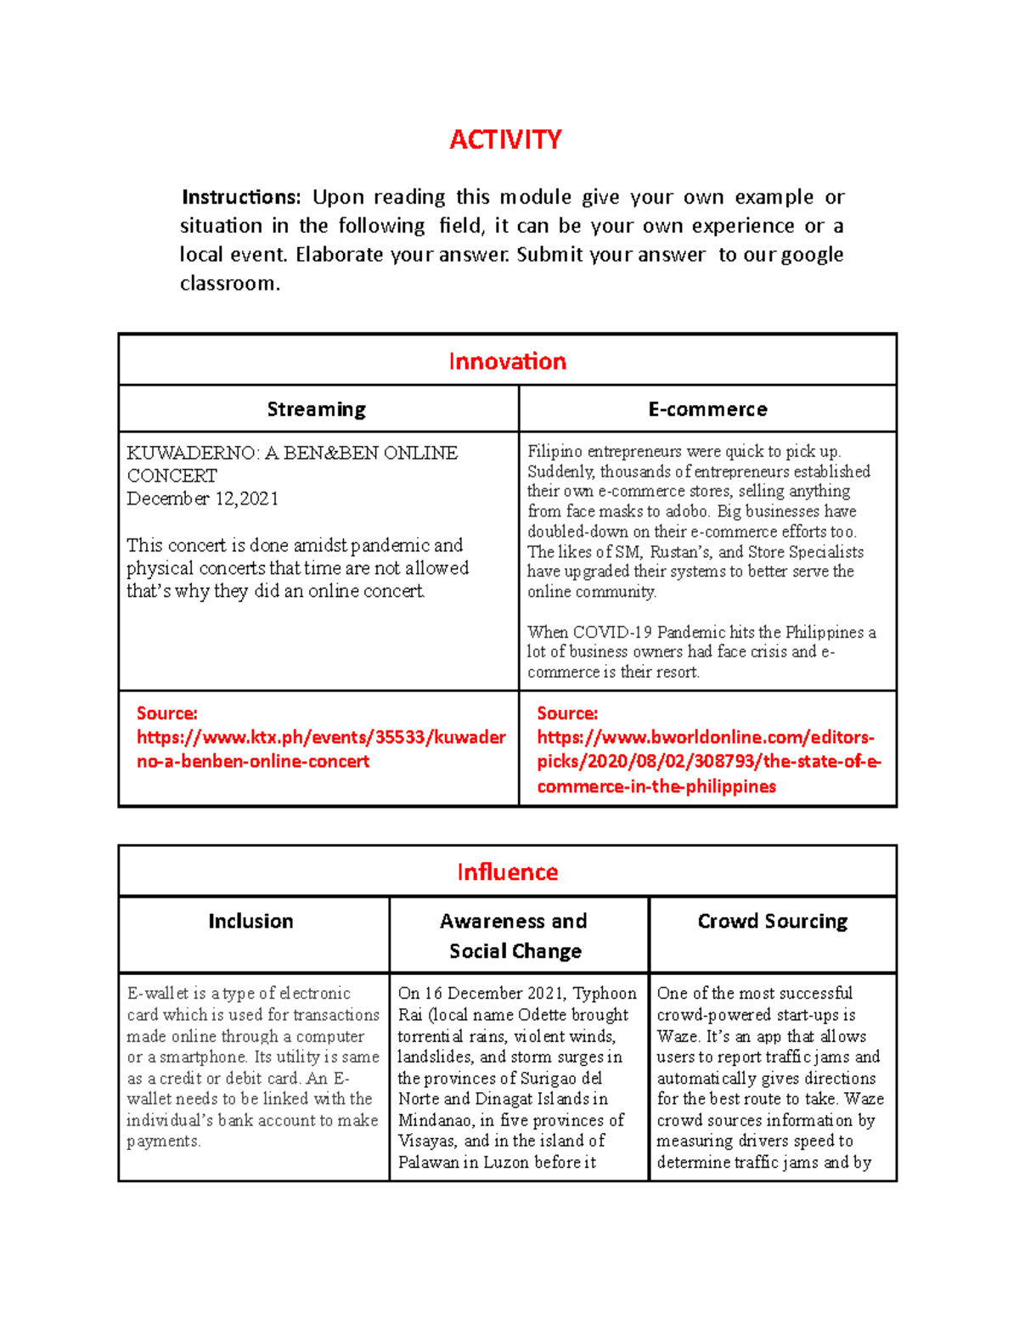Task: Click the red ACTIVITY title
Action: (x=505, y=139)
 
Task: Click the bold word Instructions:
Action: (x=241, y=197)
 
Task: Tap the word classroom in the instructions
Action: (x=228, y=284)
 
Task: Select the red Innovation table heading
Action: (x=507, y=361)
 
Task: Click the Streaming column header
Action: (x=317, y=409)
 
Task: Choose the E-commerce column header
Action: (x=707, y=409)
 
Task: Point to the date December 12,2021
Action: (x=203, y=499)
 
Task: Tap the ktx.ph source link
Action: (x=321, y=749)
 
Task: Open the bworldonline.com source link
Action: (x=708, y=762)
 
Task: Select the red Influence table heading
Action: (x=507, y=872)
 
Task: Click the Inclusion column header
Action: (x=251, y=922)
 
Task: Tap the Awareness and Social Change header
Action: (x=515, y=936)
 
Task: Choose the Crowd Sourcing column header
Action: (x=772, y=922)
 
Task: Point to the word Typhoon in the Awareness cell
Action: (x=605, y=994)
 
